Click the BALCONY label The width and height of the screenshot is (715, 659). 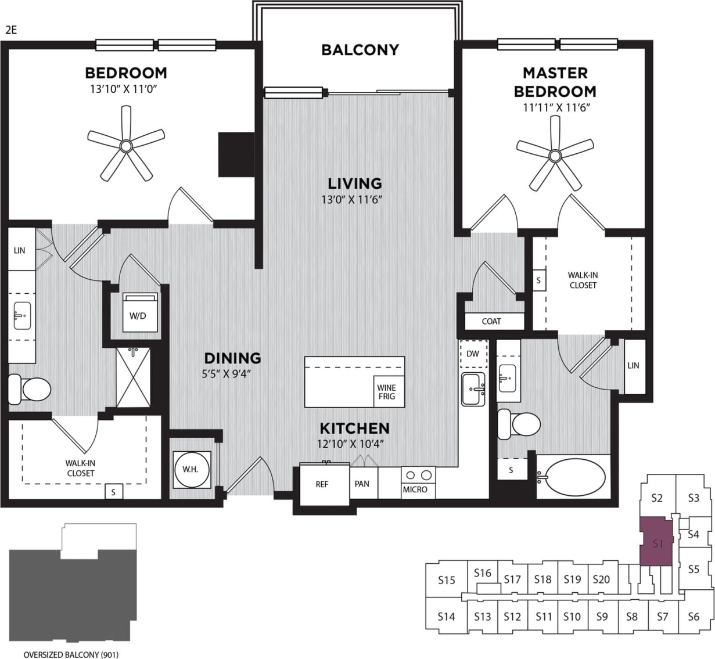click(x=360, y=50)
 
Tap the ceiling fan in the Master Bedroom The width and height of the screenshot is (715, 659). click(x=555, y=155)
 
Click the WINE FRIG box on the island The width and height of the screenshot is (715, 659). click(x=386, y=392)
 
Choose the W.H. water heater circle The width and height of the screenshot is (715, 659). click(x=191, y=469)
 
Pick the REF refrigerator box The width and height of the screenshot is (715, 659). click(x=322, y=484)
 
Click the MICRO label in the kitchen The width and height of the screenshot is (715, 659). click(x=415, y=489)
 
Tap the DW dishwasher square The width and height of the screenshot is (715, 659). click(x=473, y=354)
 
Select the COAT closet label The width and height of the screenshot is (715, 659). click(x=491, y=321)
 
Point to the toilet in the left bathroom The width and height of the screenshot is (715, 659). click(x=30, y=389)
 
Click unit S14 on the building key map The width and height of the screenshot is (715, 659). click(x=446, y=617)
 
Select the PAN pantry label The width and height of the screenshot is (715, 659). click(x=362, y=484)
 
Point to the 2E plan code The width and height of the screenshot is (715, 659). click(x=11, y=30)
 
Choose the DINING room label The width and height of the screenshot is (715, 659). click(x=232, y=358)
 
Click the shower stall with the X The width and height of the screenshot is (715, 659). click(x=134, y=378)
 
